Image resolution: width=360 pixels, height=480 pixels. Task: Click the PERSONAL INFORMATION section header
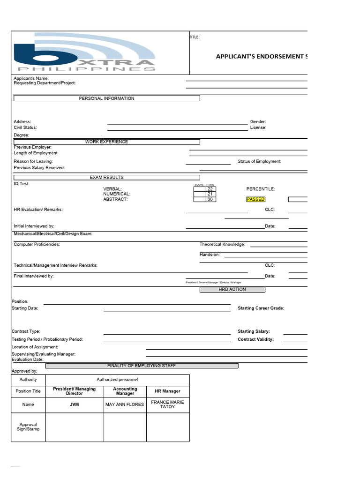(106, 98)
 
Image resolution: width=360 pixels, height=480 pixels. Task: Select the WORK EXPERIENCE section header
(106, 142)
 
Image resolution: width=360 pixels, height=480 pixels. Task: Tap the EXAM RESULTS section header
(106, 178)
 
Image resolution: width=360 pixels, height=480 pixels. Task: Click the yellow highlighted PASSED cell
(256, 199)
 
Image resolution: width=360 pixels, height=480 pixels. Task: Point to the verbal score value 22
(210, 189)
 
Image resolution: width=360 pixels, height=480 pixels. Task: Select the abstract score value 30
(210, 199)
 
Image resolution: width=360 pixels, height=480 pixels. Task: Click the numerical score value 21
(210, 194)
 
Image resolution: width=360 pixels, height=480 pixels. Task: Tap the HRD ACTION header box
(232, 290)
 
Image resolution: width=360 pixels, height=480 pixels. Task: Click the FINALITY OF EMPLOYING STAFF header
(142, 366)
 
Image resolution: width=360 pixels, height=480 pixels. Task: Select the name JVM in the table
(74, 405)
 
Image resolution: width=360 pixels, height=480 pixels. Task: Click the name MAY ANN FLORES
(125, 405)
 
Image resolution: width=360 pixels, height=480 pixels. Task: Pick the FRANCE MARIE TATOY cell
(167, 405)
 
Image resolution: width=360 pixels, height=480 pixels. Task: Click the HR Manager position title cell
(167, 391)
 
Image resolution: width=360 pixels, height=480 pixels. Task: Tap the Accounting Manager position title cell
(125, 391)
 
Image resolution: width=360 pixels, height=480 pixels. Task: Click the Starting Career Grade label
(261, 308)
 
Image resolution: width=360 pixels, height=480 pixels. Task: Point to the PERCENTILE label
(261, 189)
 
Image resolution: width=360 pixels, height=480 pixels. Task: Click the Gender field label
(258, 122)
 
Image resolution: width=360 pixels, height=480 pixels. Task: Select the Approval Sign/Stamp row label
(28, 427)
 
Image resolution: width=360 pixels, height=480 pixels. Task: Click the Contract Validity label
(255, 339)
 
